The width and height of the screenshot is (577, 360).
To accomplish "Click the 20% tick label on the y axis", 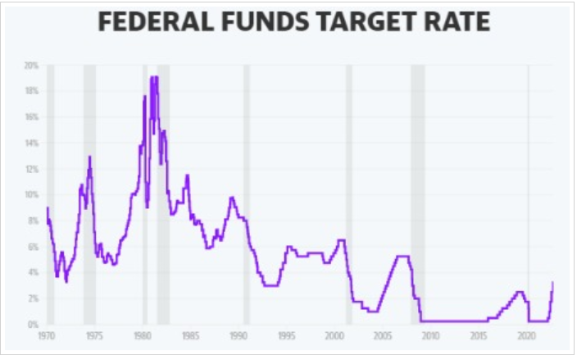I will (x=32, y=65).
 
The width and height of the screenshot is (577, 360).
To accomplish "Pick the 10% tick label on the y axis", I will (x=32, y=194).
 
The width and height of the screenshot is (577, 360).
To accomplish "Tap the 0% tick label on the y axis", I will (x=34, y=324).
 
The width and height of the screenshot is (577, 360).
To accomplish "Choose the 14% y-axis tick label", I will (x=32, y=143).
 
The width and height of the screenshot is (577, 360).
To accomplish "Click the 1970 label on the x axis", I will (x=48, y=335).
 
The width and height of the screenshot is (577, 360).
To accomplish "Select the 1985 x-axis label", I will (x=190, y=335).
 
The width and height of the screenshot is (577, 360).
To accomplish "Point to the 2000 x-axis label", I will (x=334, y=335).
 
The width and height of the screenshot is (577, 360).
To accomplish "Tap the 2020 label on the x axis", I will (x=526, y=335).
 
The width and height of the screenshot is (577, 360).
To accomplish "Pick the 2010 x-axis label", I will (x=430, y=335).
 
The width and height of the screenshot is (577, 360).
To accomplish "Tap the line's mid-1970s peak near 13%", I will (x=89, y=157).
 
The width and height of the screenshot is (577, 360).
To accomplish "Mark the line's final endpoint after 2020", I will (x=552, y=283).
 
